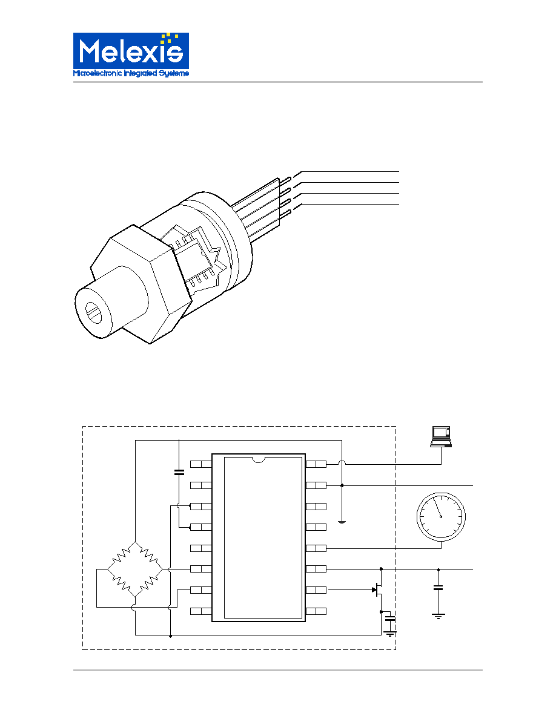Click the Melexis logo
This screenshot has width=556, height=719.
coord(131,54)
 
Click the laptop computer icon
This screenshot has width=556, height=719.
coord(441,436)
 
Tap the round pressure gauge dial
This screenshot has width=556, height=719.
coord(441,516)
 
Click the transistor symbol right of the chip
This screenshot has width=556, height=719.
coord(377,590)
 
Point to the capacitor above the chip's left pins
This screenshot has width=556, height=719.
coord(179,471)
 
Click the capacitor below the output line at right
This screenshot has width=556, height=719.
coord(438,587)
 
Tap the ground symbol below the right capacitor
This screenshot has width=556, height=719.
coord(438,616)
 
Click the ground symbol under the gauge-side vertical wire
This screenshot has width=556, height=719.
coord(342,522)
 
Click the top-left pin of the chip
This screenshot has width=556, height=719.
coord(201,464)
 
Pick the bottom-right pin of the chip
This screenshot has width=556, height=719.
coord(316,611)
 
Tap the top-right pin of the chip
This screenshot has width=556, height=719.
coord(316,464)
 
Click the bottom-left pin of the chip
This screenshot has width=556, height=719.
coord(201,611)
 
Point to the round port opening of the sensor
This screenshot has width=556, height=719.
coord(96,312)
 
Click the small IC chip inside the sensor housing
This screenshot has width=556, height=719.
coord(195,257)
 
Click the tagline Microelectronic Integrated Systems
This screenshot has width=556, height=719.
coord(131,73)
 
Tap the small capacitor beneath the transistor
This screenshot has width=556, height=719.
coord(390,619)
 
